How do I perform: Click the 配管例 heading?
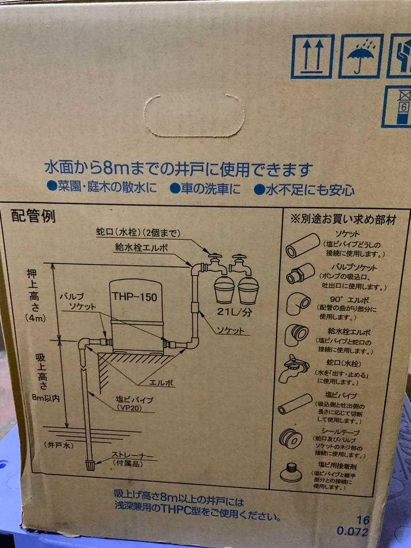(x=33, y=217)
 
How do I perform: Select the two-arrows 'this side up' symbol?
(x=312, y=56)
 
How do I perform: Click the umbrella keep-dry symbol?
(x=361, y=56)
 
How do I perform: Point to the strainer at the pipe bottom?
(x=90, y=464)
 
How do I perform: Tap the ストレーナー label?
(x=131, y=456)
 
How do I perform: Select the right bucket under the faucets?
(x=248, y=290)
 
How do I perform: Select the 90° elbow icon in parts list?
(x=298, y=303)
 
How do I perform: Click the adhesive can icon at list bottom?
(x=291, y=472)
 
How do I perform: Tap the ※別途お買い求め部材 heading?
(x=342, y=220)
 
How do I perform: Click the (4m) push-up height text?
(x=36, y=318)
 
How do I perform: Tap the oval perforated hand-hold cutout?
(x=194, y=115)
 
